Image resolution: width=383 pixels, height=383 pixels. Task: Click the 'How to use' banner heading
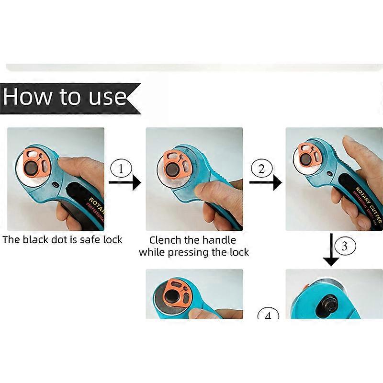coord(65,97)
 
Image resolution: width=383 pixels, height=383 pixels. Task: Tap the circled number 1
coord(121,169)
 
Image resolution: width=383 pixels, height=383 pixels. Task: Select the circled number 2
coord(261,169)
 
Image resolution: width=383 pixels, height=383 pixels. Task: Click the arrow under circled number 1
coord(125,182)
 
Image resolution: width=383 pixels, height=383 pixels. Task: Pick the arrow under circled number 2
coord(265,182)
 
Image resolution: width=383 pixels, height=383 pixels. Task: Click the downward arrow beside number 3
coord(331,249)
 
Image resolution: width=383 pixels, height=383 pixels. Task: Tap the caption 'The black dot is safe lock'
coord(62,239)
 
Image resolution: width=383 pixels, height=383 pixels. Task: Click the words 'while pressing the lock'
coord(194,252)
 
